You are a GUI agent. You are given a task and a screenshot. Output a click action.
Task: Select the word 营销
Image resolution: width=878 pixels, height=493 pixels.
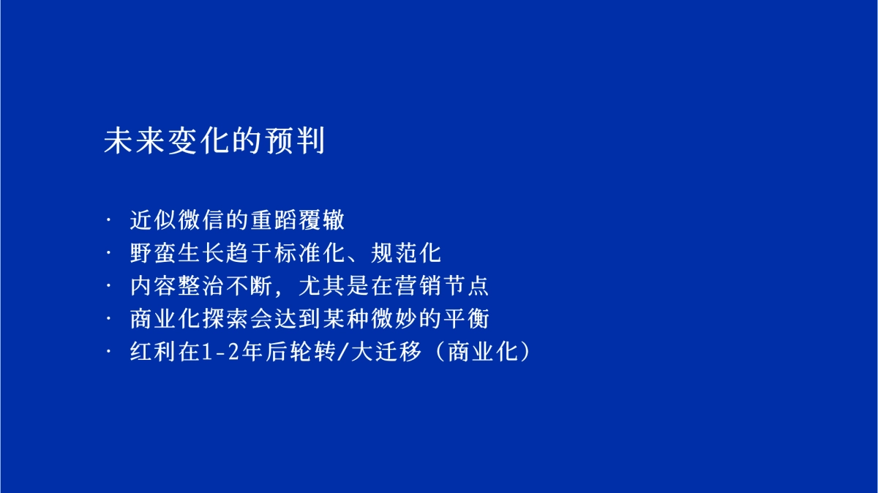429,287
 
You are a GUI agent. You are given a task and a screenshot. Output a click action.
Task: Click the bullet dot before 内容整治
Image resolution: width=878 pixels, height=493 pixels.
110,287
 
